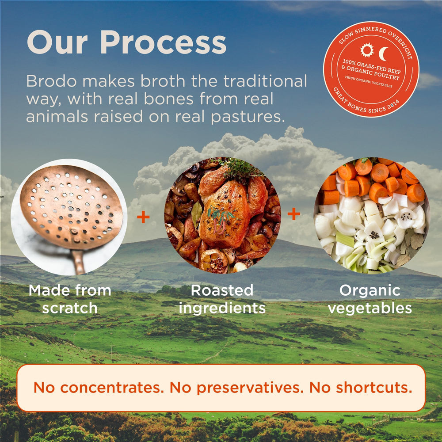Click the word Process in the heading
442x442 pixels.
click(x=163, y=43)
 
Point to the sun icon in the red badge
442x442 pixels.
click(x=367, y=50)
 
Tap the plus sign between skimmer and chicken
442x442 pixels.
click(x=143, y=217)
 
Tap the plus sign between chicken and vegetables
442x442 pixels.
click(x=293, y=214)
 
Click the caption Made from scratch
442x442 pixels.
click(x=69, y=299)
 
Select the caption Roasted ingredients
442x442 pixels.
click(x=222, y=299)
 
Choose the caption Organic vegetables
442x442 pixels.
click(x=370, y=299)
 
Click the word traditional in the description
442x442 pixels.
click(x=265, y=81)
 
